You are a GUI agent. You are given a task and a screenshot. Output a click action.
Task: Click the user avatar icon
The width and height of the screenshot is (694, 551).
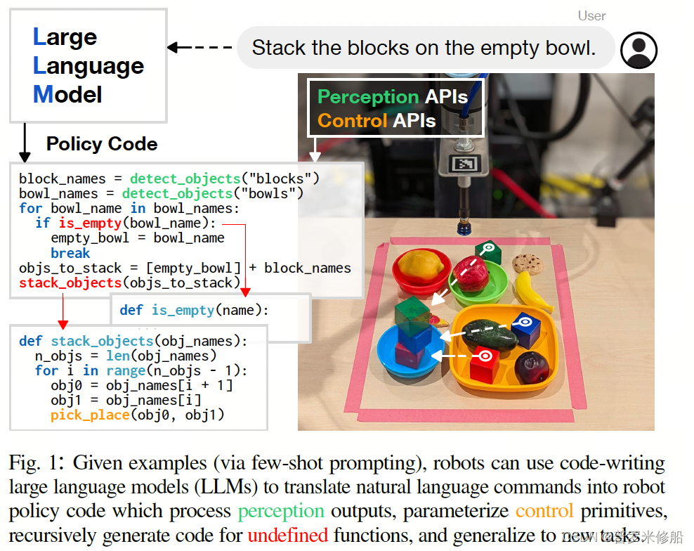tap(639, 50)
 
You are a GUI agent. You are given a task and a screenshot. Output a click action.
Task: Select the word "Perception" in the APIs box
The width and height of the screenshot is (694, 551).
tap(367, 97)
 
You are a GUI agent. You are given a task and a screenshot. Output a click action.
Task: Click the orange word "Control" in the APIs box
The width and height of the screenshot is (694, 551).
tap(352, 121)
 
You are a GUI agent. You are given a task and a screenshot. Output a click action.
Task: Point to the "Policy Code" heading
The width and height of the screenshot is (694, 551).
tap(102, 144)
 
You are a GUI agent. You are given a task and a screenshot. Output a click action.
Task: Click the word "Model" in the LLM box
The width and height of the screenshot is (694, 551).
tap(67, 94)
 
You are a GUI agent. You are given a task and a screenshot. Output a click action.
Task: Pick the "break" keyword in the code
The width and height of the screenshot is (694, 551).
tap(70, 253)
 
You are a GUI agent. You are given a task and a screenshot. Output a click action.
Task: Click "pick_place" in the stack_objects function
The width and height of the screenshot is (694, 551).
tap(90, 415)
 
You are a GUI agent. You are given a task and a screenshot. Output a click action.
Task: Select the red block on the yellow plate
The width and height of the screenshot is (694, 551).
tap(484, 362)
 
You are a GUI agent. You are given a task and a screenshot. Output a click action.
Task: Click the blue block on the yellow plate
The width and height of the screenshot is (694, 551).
tap(524, 328)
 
